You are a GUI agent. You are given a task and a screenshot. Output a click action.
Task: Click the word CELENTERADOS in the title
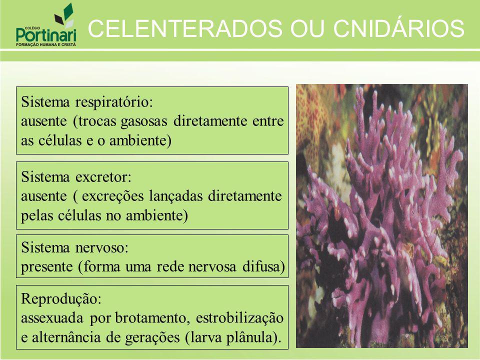tap(185, 28)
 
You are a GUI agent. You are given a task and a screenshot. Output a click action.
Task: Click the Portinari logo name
tap(46, 34)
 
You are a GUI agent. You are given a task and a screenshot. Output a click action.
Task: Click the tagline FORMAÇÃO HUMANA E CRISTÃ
tap(46, 44)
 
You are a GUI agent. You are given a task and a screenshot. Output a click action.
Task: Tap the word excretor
tap(103, 177)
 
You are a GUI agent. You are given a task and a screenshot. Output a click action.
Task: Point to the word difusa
tap(264, 266)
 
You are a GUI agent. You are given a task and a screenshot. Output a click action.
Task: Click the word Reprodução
tap(61, 299)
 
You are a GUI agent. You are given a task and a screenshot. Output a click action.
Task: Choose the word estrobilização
tap(239, 318)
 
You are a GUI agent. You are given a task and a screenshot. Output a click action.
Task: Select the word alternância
tap(66, 337)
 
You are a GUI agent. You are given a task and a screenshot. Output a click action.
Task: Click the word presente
tap(47, 267)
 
